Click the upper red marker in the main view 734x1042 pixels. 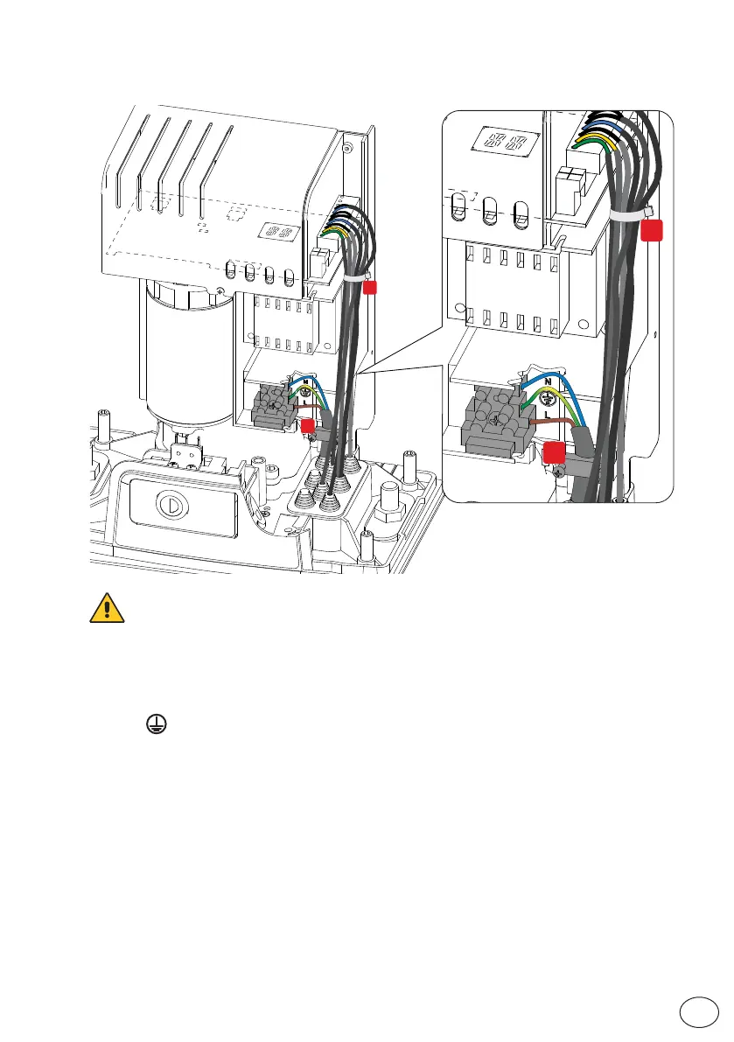click(x=371, y=287)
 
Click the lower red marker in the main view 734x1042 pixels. click(x=308, y=425)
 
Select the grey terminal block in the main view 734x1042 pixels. click(x=273, y=405)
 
